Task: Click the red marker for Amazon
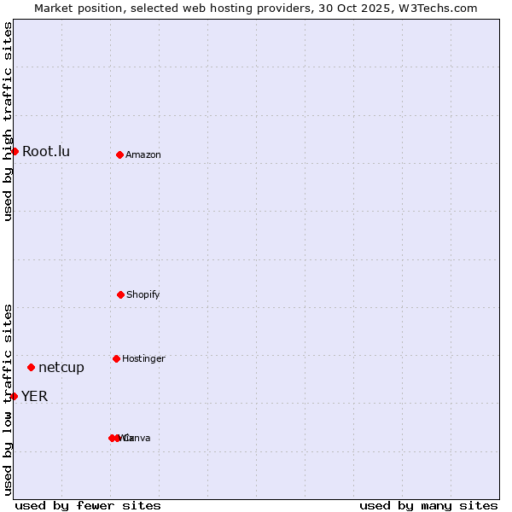tap(119, 154)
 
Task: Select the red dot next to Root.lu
tap(15, 151)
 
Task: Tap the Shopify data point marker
tap(120, 294)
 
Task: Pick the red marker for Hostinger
tap(116, 358)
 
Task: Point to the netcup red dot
tap(31, 367)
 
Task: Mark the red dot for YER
tap(14, 396)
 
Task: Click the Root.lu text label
tap(46, 152)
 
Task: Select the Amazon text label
tap(143, 155)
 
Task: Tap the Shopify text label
tap(143, 295)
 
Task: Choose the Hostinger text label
tap(143, 359)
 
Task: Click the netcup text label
tap(61, 368)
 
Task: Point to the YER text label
tap(35, 396)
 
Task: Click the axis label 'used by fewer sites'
tap(88, 505)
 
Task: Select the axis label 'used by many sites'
tap(428, 505)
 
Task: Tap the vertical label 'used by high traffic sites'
tap(8, 121)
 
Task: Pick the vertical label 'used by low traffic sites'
tap(8, 399)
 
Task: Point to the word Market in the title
tap(53, 8)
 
